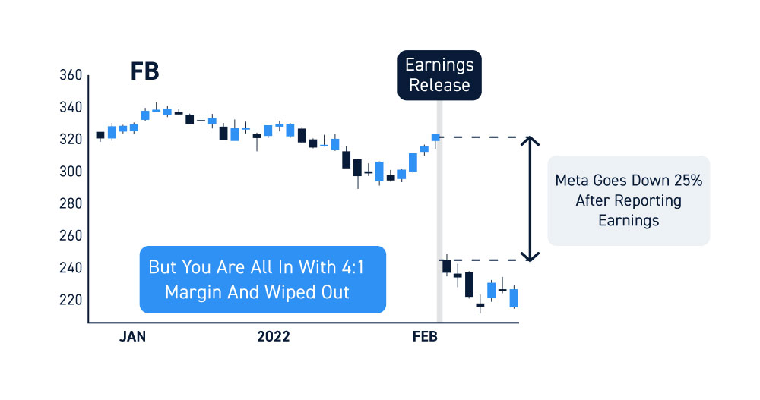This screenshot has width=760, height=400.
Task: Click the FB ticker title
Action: [144, 71]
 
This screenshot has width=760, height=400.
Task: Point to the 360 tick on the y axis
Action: [71, 75]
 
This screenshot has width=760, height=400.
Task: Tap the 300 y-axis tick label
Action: [71, 172]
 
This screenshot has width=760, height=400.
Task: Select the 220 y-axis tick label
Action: [71, 300]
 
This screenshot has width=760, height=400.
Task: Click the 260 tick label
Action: [71, 236]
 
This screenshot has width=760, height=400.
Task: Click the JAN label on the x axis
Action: [132, 336]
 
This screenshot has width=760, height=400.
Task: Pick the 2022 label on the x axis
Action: [274, 336]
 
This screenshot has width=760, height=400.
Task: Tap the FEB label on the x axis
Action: [425, 336]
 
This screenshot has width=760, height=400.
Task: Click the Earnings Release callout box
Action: [439, 75]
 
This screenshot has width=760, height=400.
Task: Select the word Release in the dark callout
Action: [439, 85]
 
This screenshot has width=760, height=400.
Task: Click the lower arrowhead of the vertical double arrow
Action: [530, 257]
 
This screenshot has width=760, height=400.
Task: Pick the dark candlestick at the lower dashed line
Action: [446, 266]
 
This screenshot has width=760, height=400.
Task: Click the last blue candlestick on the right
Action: [514, 298]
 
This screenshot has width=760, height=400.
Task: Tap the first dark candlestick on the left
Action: [100, 136]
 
